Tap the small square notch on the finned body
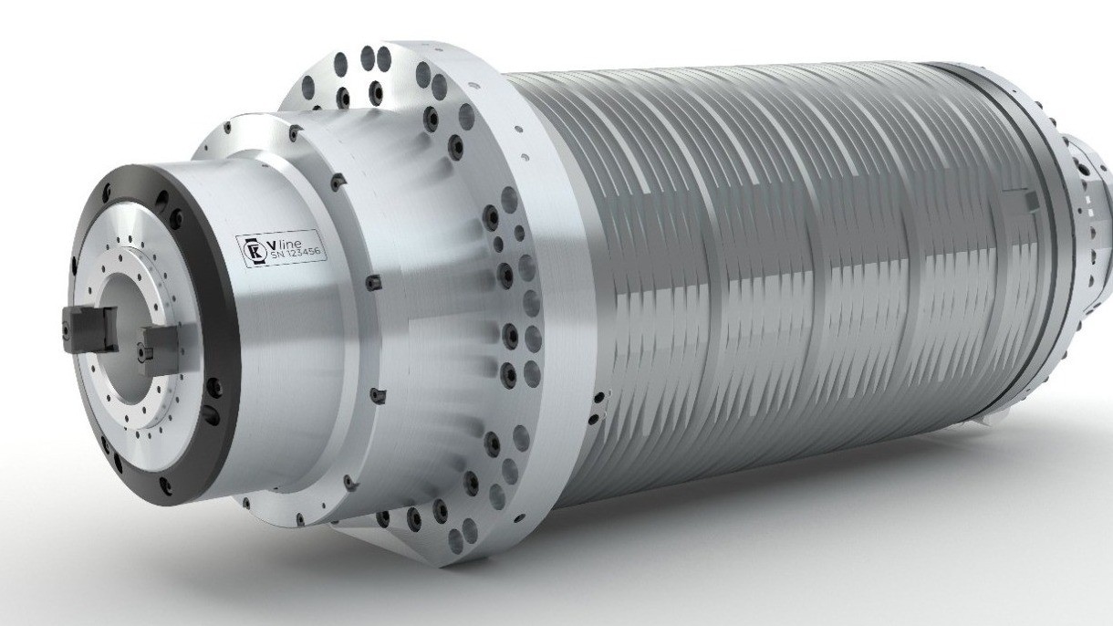click(1028, 199)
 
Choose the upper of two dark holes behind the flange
click(598, 398)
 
